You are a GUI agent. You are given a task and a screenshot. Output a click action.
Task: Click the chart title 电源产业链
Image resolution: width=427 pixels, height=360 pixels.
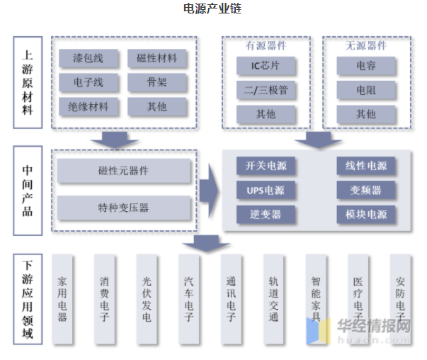[213, 9]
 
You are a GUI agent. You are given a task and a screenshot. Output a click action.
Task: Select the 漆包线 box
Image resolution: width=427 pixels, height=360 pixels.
[88, 58]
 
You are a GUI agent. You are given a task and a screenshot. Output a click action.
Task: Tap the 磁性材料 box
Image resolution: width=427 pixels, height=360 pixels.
[157, 58]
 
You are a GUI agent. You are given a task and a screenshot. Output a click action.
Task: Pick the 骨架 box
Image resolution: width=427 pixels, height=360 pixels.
[157, 83]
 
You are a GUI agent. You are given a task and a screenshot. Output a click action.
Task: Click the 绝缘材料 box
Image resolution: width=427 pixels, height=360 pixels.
[88, 108]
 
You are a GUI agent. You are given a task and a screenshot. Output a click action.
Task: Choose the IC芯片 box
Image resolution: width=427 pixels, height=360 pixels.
[266, 67]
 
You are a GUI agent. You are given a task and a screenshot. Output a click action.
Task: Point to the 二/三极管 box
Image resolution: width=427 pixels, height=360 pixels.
[266, 91]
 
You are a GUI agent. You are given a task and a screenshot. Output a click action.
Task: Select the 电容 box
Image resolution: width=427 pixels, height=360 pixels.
[366, 67]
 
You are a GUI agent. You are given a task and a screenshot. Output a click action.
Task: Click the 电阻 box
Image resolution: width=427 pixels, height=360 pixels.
[366, 91]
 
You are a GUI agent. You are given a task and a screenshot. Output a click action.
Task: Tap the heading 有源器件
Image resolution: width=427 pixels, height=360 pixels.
[266, 46]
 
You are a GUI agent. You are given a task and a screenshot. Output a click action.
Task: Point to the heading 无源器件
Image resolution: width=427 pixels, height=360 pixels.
[366, 46]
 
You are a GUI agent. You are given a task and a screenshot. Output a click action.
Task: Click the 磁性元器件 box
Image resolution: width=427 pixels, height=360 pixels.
[124, 171]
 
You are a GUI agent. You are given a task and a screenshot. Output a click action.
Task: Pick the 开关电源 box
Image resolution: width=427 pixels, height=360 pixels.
[266, 167]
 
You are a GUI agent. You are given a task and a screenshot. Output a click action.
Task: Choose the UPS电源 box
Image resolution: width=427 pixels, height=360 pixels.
[266, 191]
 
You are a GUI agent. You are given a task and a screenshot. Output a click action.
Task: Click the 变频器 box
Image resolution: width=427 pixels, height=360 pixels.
[366, 191]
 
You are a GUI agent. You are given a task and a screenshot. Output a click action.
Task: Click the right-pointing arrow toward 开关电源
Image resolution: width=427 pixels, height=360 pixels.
[208, 190]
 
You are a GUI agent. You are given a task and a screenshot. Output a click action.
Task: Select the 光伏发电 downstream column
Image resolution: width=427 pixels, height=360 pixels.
[147, 300]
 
